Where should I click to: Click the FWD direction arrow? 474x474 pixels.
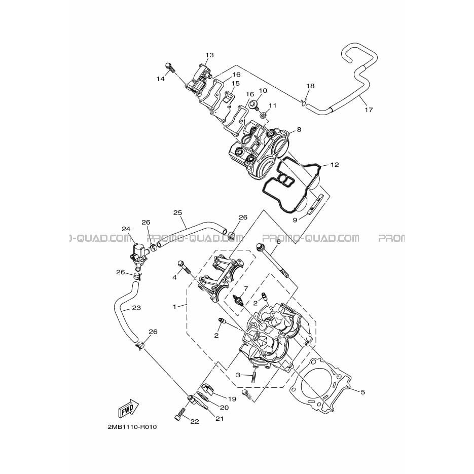(x=128, y=407)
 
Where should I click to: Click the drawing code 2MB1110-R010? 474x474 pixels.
(x=132, y=427)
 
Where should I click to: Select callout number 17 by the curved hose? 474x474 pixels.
(x=369, y=110)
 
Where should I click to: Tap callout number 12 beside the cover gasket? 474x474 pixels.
(x=335, y=165)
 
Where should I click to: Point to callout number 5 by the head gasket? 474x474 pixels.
(x=363, y=392)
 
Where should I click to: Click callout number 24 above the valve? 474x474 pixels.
(x=126, y=229)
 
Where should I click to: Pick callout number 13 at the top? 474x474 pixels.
(x=209, y=55)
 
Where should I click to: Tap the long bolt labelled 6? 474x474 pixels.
(x=272, y=260)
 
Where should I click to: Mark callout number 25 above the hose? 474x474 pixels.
(x=178, y=212)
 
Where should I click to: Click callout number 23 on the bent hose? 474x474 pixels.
(x=137, y=308)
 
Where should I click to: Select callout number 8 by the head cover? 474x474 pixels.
(x=299, y=130)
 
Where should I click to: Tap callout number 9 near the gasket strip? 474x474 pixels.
(x=295, y=220)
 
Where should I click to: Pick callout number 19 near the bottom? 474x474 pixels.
(x=232, y=399)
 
